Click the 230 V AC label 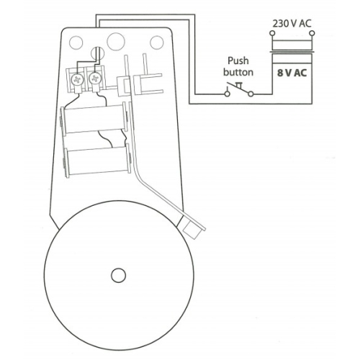coord(292,24)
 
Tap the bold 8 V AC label coord(292,73)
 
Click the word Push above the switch coord(238,61)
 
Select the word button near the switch coord(238,72)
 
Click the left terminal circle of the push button coord(227,94)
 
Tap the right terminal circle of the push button coord(251,94)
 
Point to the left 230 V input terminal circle coord(272,33)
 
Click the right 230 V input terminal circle coord(312,33)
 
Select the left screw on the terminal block coord(77,79)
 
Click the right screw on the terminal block coord(94,78)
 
